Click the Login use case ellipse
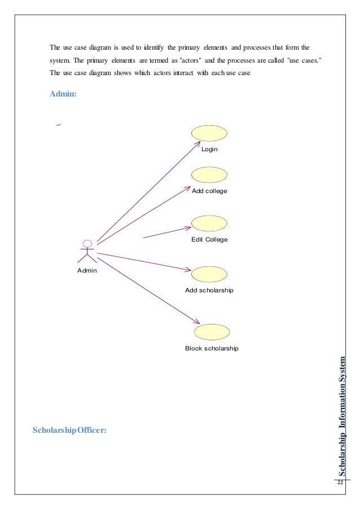[209, 133]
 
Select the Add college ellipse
[209, 175]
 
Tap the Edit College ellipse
[209, 223]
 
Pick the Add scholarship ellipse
[209, 274]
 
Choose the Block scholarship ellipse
[212, 332]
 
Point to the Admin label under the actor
[87, 271]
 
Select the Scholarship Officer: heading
[69, 431]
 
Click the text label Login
[209, 150]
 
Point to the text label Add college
[209, 191]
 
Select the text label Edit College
[209, 240]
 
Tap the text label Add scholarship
[209, 290]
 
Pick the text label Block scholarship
[212, 348]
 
